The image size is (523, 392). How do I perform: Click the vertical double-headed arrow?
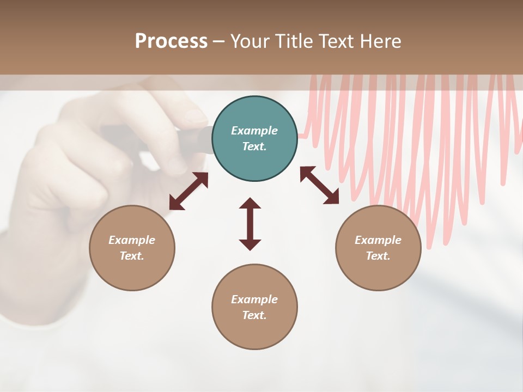250,224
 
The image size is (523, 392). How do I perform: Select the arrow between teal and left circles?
188,191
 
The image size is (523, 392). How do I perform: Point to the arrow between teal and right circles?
320,185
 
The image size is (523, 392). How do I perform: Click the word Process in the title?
171,41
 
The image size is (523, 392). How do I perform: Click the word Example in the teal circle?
254,131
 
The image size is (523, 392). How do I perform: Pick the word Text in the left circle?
131,256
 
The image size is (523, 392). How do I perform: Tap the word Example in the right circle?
378,240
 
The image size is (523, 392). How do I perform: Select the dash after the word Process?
218,41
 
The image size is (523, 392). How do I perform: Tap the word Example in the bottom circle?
254,299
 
